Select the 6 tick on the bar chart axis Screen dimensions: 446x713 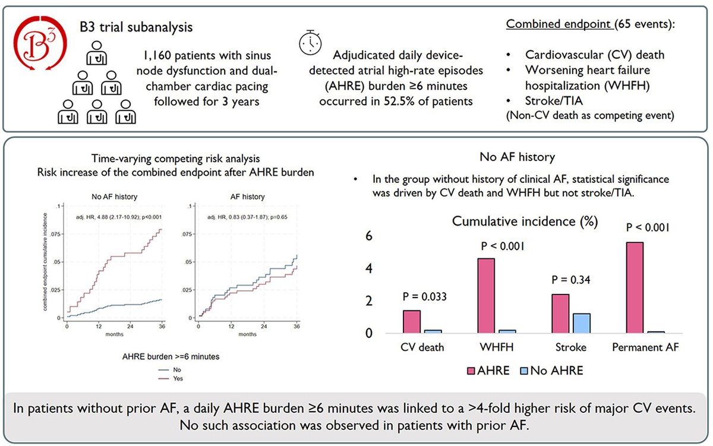pyautogui.click(x=368, y=236)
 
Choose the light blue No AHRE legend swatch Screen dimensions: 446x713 pyautogui.click(x=524, y=371)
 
